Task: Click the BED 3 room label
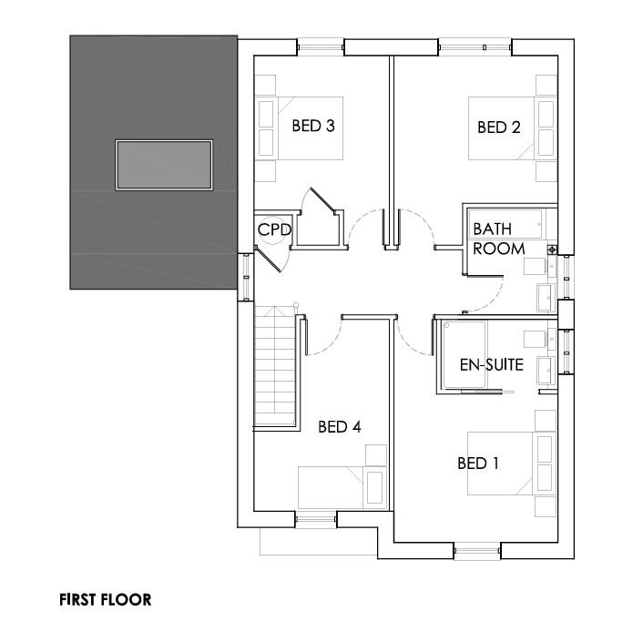click(313, 127)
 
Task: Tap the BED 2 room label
click(498, 127)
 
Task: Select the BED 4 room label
click(339, 426)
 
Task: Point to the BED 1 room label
click(478, 464)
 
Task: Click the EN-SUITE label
click(491, 365)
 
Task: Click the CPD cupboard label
click(274, 230)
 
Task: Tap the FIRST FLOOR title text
click(106, 599)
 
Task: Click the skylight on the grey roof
click(164, 165)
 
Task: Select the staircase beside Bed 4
click(274, 368)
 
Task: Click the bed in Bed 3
click(298, 128)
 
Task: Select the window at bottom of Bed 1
click(476, 547)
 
